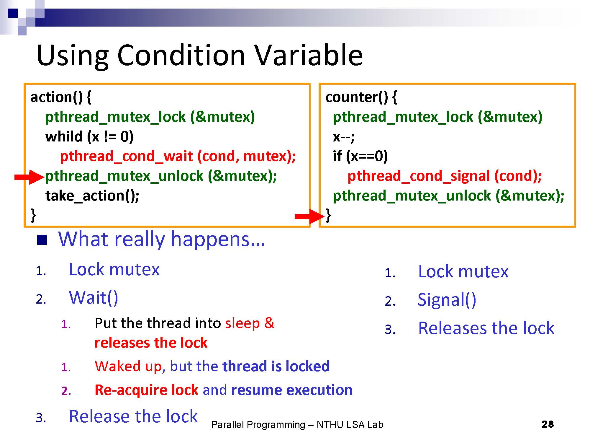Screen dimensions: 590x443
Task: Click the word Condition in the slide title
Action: pyautogui.click(x=181, y=55)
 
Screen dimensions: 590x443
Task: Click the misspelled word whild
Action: pyautogui.click(x=64, y=136)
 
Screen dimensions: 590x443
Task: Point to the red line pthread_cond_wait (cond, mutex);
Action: pyautogui.click(x=178, y=157)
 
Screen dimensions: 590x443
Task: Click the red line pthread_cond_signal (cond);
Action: pyautogui.click(x=445, y=176)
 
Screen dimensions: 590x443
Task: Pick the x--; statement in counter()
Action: pyautogui.click(x=344, y=137)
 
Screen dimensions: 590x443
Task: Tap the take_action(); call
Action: pyautogui.click(x=92, y=196)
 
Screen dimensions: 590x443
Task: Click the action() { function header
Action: pyautogui.click(x=61, y=97)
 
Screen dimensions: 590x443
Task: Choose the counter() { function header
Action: pyautogui.click(x=361, y=97)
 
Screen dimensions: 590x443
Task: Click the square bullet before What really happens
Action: pyautogui.click(x=42, y=240)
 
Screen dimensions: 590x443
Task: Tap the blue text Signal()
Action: pyautogui.click(x=447, y=300)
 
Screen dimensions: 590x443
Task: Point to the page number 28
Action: pyautogui.click(x=548, y=424)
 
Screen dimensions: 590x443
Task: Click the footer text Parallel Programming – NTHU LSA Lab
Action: pyautogui.click(x=297, y=425)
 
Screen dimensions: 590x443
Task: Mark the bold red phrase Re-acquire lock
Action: pyautogui.click(x=146, y=390)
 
